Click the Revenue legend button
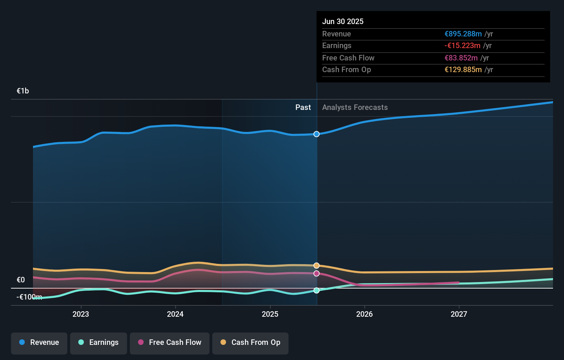(39, 342)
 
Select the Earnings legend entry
(99, 342)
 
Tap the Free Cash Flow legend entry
(170, 342)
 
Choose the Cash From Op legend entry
(250, 342)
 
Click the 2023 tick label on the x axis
(81, 314)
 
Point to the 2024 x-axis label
(175, 314)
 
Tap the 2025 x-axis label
(270, 314)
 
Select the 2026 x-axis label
(364, 314)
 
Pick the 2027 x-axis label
(459, 314)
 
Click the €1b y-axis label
(23, 91)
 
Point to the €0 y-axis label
(21, 280)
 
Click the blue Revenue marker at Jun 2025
(317, 134)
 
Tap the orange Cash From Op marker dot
(317, 266)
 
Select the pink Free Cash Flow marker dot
(317, 273)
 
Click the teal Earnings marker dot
(317, 291)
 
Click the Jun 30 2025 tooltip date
(343, 22)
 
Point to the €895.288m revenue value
(463, 34)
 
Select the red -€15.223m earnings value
(462, 46)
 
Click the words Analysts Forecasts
(355, 108)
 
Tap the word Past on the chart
(303, 108)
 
